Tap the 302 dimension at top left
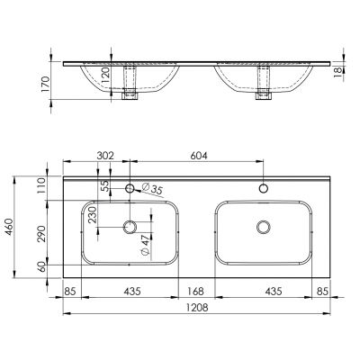105,156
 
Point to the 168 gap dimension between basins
197,291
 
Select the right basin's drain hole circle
264,226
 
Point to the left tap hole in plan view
131,189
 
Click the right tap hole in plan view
264,189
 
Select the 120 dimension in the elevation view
104,74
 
